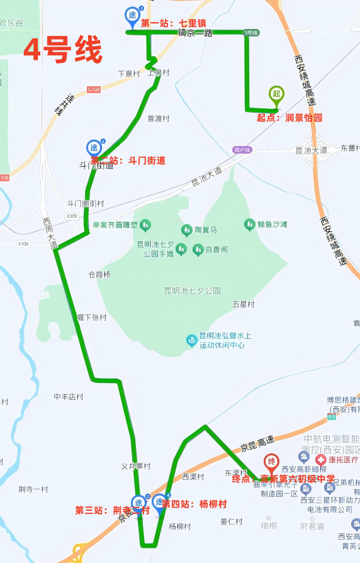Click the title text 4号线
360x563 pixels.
click(x=62, y=50)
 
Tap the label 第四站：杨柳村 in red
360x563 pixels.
click(x=194, y=504)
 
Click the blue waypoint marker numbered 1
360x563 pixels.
click(x=133, y=16)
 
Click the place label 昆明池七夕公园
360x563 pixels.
click(x=192, y=290)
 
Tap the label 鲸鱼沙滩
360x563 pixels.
click(x=272, y=224)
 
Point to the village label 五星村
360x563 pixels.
click(x=243, y=304)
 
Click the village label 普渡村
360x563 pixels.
click(x=159, y=118)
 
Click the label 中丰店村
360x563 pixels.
click(x=68, y=397)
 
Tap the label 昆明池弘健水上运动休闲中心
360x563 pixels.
click(x=225, y=341)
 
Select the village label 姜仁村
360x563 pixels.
click(x=231, y=521)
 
